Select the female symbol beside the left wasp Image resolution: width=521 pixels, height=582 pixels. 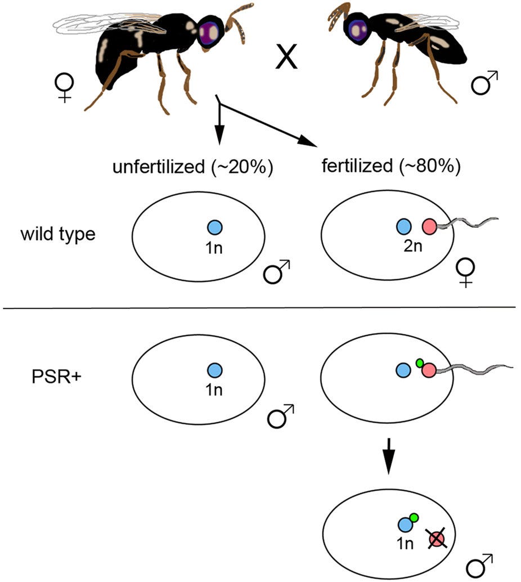61,87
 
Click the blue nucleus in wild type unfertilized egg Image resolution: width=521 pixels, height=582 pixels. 214,227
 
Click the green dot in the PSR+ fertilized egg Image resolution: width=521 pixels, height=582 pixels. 419,363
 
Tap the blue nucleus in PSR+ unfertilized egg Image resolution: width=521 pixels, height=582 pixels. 214,370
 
